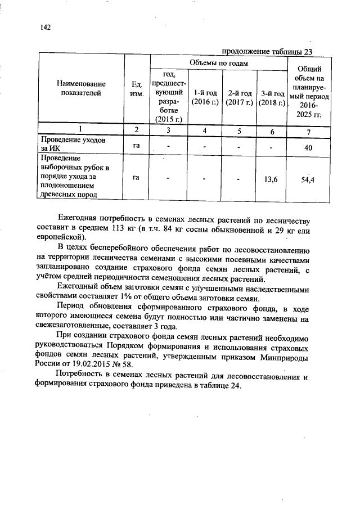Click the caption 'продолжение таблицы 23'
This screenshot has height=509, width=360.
(x=267, y=51)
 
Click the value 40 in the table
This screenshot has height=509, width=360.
(x=308, y=147)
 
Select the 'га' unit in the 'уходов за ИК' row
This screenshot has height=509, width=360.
(x=136, y=145)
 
